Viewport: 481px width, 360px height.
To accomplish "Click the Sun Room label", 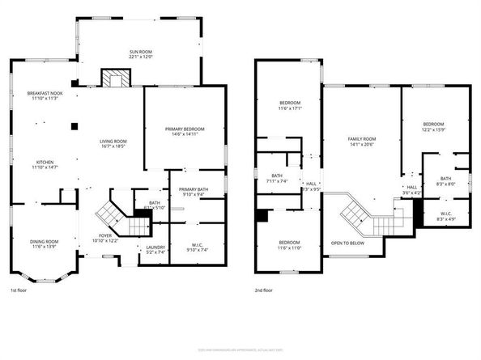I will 140,53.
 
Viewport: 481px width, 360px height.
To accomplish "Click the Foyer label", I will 105,235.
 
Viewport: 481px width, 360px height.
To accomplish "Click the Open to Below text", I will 347,243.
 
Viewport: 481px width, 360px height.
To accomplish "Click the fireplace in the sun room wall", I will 114,78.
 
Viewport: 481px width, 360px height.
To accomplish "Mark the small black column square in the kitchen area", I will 74,125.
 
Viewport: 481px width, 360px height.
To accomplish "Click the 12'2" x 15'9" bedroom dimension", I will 434,129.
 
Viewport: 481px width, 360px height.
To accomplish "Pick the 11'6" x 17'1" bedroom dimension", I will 290,108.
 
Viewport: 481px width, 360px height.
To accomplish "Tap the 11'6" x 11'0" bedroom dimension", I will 290,247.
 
